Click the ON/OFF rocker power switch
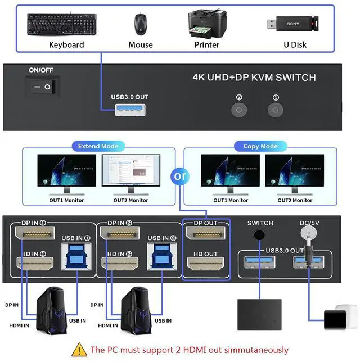43,87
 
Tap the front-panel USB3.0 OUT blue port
130,110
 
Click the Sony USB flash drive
293,24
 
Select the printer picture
207,24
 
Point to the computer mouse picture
141,25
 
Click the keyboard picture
62,24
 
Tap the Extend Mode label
98,146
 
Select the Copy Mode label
260,146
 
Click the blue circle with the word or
180,176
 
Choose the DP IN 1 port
35,233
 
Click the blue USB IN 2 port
162,256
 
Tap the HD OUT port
205,264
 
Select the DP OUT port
205,233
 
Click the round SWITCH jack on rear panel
259,235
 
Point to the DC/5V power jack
308,233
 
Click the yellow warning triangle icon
79,350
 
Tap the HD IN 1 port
35,264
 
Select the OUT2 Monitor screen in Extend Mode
131,170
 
